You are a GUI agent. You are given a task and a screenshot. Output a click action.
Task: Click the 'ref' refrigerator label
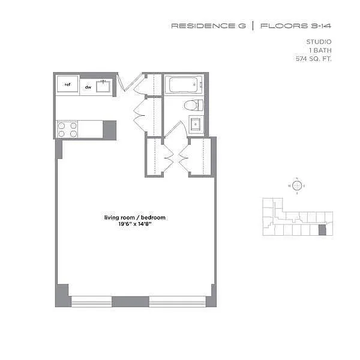(x=67, y=85)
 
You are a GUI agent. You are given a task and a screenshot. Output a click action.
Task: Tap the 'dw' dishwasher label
(x=88, y=87)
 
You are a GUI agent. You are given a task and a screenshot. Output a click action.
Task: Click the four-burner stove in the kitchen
(x=67, y=130)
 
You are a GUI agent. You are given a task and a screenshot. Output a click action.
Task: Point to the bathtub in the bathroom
(x=185, y=85)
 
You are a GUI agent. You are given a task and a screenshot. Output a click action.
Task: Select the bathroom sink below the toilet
(x=196, y=125)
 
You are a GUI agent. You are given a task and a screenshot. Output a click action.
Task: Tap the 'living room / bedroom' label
(x=134, y=217)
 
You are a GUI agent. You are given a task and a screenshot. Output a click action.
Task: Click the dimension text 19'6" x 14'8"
(x=135, y=224)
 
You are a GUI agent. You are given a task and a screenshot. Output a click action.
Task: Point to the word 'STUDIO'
(x=319, y=41)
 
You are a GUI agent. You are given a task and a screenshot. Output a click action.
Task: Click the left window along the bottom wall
(x=91, y=301)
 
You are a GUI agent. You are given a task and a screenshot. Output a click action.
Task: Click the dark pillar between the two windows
(x=130, y=301)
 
